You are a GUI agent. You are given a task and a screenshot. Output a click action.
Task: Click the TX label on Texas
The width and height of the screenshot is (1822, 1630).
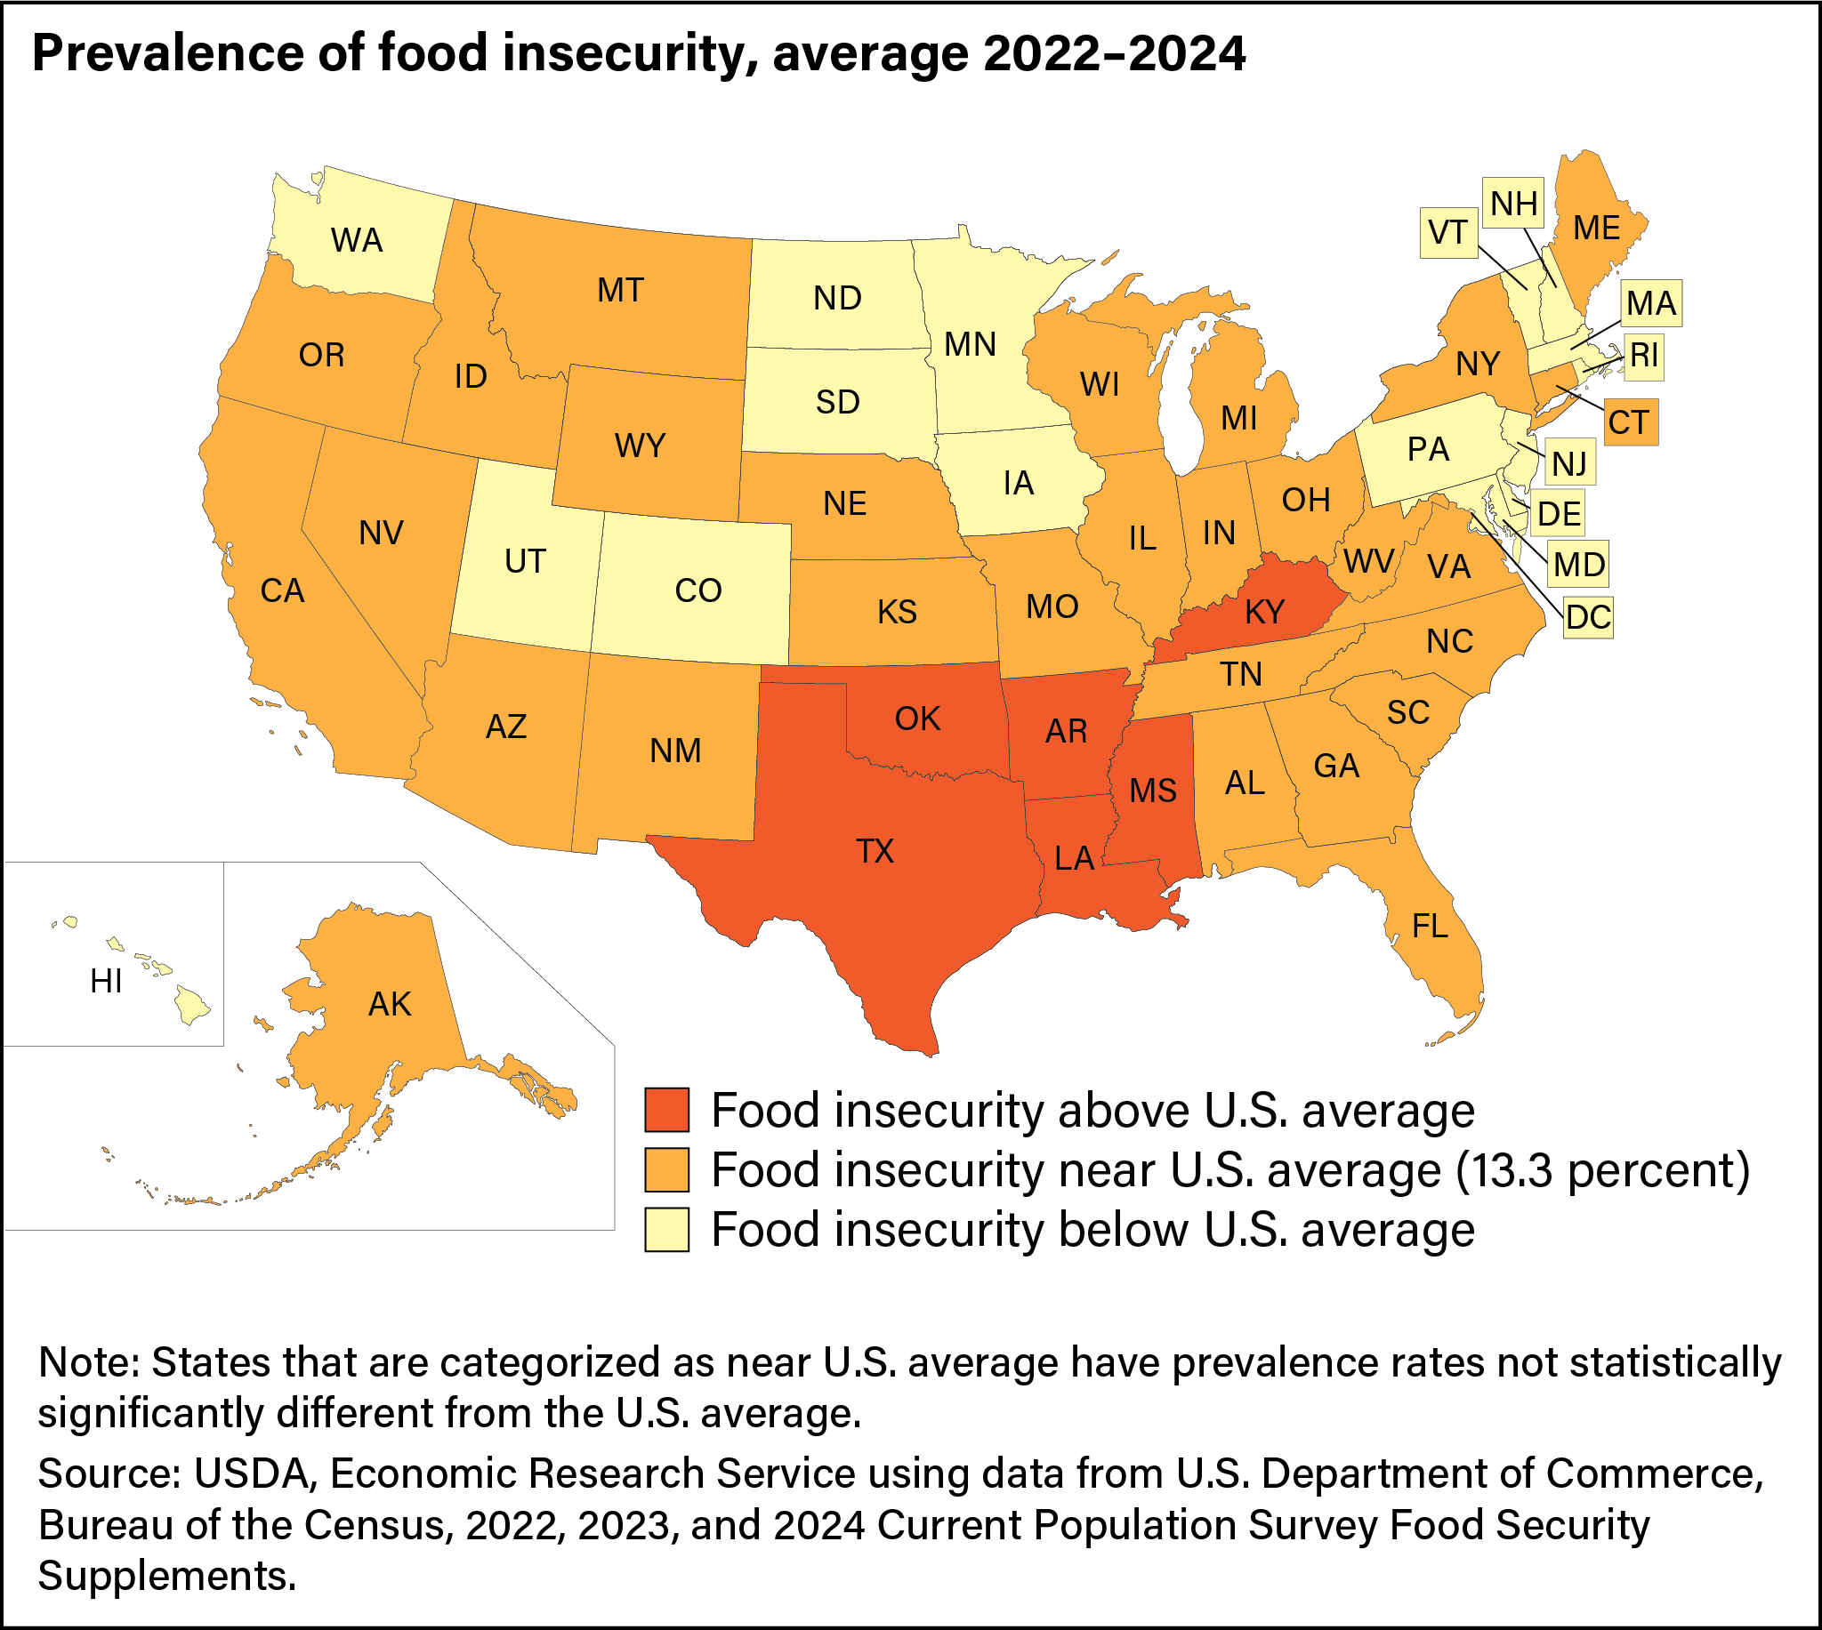tap(875, 851)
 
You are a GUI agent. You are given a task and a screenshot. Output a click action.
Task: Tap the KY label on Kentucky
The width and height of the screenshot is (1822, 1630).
tap(1265, 612)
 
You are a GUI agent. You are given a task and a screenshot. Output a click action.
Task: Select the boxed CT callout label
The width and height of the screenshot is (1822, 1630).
tap(1630, 422)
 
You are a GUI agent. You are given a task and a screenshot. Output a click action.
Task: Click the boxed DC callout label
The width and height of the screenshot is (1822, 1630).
tap(1588, 617)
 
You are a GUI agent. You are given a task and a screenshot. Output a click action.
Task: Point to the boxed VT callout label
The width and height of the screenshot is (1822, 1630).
tap(1447, 232)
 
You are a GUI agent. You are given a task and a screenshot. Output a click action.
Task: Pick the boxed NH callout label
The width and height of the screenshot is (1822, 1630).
tap(1514, 205)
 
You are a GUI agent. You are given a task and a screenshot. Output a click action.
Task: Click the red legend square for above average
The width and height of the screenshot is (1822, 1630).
tap(666, 1111)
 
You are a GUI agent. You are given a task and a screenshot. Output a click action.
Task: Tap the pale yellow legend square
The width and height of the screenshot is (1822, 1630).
tap(666, 1230)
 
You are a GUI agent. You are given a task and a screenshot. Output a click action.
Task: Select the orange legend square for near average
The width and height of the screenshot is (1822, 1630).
tap(666, 1170)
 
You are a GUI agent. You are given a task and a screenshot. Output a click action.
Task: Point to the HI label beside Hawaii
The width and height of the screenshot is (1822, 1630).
tap(106, 982)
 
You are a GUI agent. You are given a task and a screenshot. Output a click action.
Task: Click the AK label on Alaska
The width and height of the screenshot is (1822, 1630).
tap(390, 1005)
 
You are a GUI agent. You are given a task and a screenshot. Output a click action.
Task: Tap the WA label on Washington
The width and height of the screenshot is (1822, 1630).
tap(357, 240)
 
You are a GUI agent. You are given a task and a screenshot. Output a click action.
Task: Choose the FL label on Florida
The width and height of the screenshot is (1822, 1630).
tap(1430, 926)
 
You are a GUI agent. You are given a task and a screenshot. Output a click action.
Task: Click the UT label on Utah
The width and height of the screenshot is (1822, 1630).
tap(525, 561)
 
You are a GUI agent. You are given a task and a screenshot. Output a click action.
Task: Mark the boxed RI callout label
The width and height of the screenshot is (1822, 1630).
tap(1644, 356)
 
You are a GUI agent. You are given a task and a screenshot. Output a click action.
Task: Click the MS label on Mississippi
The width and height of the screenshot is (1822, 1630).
tap(1153, 791)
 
